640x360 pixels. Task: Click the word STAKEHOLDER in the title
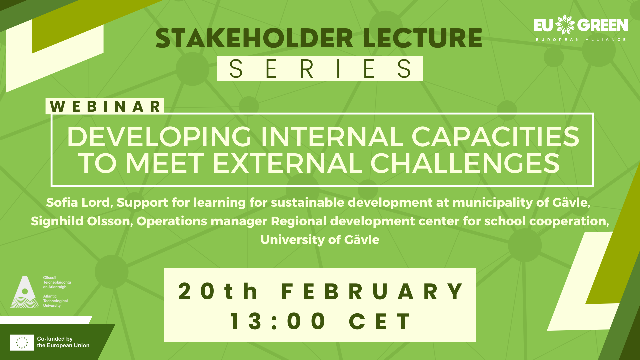coord(254,38)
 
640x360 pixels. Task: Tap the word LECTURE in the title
coord(423,38)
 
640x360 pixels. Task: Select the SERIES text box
coord(320,69)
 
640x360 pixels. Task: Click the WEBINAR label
coord(105,106)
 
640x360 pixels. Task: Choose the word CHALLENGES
coord(465,163)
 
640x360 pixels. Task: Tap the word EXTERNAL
coord(287,163)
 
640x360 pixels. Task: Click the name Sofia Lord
coord(79,202)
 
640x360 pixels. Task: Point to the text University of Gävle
coord(320,240)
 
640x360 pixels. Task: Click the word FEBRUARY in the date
coord(372,292)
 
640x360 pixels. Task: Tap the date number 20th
coord(218,291)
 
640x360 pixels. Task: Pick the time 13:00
coord(278,321)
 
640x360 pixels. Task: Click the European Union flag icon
coord(22,342)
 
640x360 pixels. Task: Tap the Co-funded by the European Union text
coord(63,342)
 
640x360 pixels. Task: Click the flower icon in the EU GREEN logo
coord(565,24)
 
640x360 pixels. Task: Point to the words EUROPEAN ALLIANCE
coord(581,40)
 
